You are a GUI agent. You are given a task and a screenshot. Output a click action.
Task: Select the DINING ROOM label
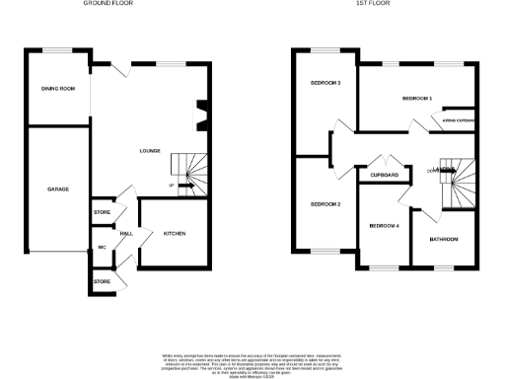tap(57, 89)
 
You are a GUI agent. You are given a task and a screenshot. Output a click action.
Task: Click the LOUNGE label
tap(150, 151)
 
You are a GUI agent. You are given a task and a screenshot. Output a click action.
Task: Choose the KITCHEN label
tap(175, 234)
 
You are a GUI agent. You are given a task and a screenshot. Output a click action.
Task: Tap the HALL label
tap(127, 234)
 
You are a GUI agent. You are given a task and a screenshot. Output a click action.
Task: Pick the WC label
tap(102, 247)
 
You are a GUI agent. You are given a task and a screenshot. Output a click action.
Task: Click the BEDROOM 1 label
tap(417, 100)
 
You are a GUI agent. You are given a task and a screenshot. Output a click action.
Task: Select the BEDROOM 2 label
tap(325, 204)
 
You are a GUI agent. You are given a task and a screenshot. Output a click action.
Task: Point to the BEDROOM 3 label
tap(325, 83)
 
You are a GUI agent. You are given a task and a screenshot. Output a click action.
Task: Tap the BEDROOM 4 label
tap(385, 226)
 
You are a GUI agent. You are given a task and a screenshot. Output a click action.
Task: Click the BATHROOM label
tap(443, 240)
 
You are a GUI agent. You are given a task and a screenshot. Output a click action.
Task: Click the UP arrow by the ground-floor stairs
tap(173, 186)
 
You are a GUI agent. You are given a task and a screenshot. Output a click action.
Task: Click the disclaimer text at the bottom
tap(252, 362)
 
